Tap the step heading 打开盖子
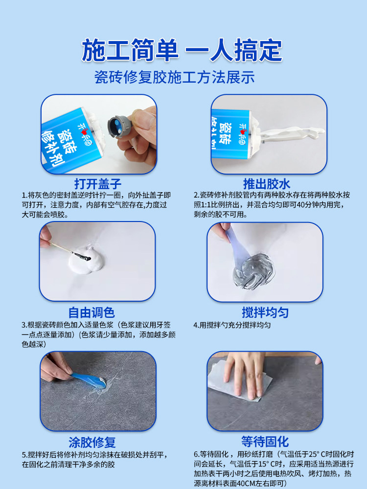(x=97, y=184)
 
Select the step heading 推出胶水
(x=267, y=184)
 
